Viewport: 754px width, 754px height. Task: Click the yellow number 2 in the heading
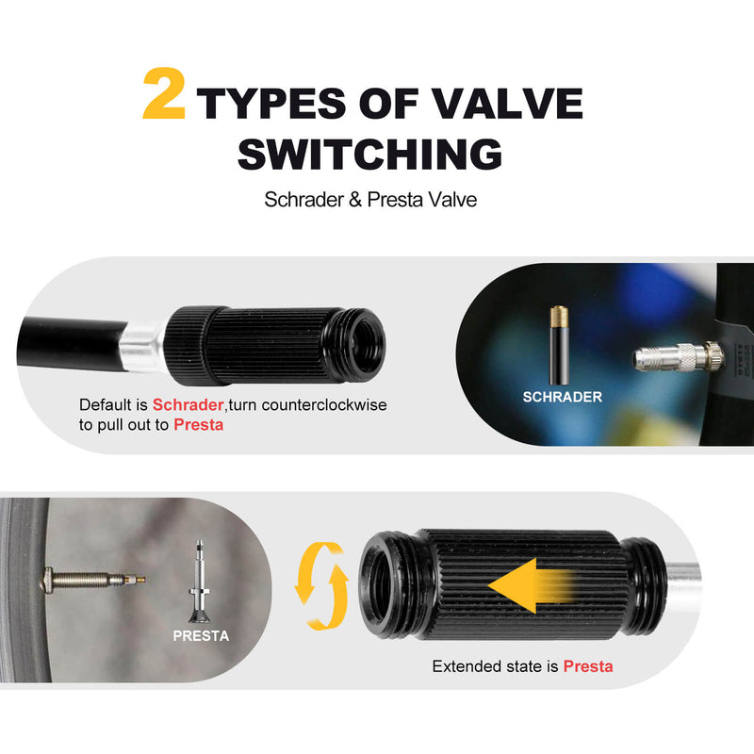coord(163,93)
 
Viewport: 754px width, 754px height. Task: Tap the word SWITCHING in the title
coord(369,154)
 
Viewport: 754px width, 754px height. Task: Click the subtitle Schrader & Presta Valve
coord(370,200)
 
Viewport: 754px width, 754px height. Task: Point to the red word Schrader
coord(188,404)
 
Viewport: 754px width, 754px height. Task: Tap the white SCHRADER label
coord(562,397)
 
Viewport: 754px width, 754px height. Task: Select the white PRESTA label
coord(201,635)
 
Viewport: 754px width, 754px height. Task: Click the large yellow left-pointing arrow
coord(531,585)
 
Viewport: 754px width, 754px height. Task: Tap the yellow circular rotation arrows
coord(321,585)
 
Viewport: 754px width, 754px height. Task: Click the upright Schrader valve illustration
coord(559,345)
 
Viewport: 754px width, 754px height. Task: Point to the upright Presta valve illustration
coord(199,582)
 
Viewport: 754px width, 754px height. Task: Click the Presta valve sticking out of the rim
coord(92,579)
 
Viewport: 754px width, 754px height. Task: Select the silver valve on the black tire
coord(678,357)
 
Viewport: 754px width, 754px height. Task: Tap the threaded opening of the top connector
coord(365,345)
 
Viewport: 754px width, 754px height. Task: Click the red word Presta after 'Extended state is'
coord(587,666)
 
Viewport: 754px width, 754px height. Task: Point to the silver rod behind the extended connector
coord(682,583)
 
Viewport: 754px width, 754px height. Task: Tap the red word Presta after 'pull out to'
coord(198,425)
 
